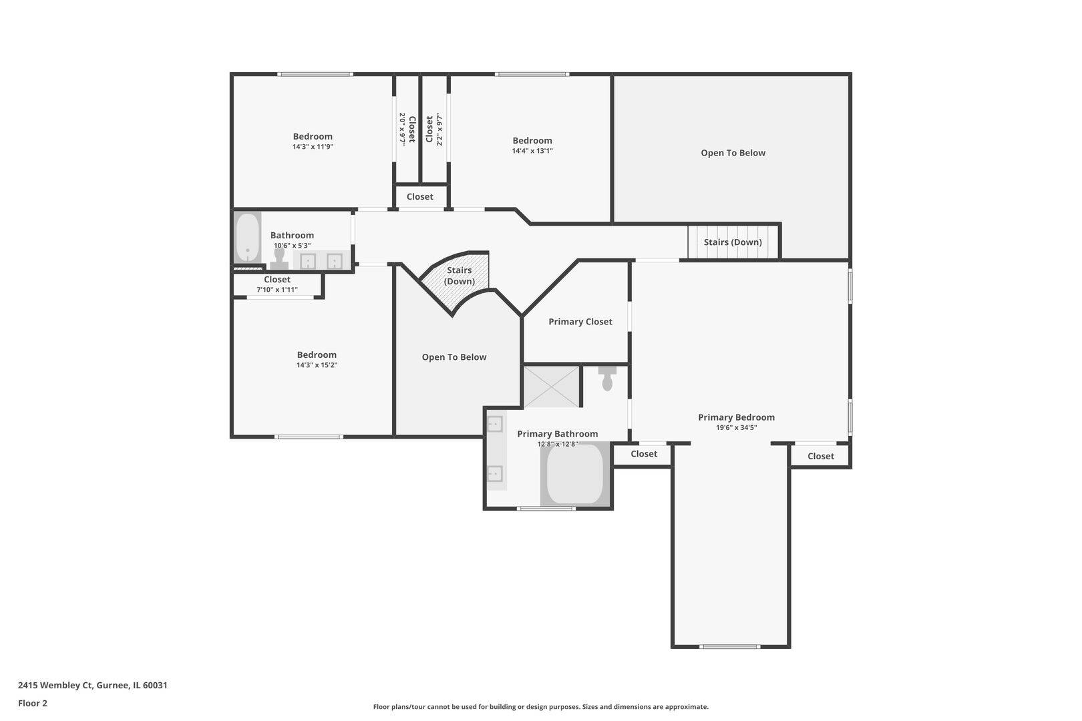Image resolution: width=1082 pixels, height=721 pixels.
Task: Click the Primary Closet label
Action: tap(580, 322)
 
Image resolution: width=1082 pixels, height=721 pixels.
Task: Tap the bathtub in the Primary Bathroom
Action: tap(575, 473)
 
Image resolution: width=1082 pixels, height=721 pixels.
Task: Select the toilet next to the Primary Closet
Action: tap(607, 379)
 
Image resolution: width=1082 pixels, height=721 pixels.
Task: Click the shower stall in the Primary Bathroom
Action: tap(552, 387)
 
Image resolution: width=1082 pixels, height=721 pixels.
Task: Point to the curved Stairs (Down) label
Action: tap(460, 276)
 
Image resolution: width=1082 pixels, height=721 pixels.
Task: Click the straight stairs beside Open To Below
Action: tap(733, 242)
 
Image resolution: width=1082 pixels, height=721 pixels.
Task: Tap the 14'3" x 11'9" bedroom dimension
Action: tap(313, 147)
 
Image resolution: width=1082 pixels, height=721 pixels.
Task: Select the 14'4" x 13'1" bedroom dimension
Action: tap(532, 151)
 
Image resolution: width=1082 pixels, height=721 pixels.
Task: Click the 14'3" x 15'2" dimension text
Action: tap(317, 365)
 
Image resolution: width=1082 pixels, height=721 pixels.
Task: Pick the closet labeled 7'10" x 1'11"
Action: tap(277, 284)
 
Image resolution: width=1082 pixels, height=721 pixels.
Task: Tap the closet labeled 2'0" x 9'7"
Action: tap(407, 129)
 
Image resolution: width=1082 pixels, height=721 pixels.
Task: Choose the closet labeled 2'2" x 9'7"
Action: tap(434, 129)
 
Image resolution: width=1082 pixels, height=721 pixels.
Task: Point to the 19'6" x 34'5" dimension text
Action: tap(736, 428)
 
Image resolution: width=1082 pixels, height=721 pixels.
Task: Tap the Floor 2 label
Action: tap(33, 703)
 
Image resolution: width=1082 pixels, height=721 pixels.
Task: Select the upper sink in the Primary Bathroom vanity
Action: tap(495, 424)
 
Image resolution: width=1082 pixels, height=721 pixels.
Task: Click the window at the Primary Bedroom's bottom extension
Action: tap(729, 646)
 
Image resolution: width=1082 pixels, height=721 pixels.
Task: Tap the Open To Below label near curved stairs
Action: tap(454, 357)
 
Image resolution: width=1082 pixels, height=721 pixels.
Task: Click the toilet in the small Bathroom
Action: tap(279, 259)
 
